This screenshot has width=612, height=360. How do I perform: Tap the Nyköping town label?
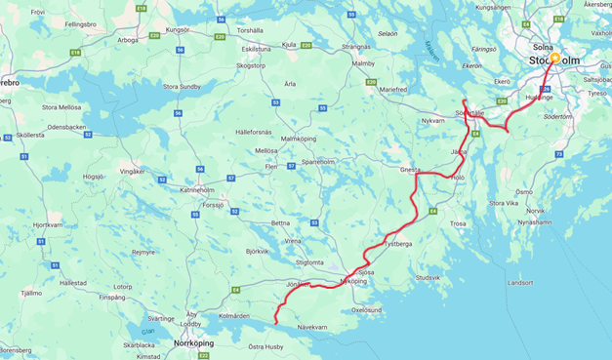(352, 280)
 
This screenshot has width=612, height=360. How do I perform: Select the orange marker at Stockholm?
(554, 58)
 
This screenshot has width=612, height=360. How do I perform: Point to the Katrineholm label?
(195, 189)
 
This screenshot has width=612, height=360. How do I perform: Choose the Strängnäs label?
(356, 46)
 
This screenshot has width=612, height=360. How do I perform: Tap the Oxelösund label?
(366, 309)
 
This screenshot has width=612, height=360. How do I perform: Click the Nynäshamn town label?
(535, 221)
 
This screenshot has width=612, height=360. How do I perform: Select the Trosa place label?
(459, 223)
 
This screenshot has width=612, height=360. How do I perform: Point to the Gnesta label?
(411, 169)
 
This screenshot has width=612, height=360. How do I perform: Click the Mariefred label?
(393, 89)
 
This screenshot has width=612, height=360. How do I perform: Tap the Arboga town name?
(128, 40)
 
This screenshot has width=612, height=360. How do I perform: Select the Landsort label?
(522, 283)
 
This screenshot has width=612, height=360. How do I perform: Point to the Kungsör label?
(178, 29)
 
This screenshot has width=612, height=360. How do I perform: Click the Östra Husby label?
(265, 346)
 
